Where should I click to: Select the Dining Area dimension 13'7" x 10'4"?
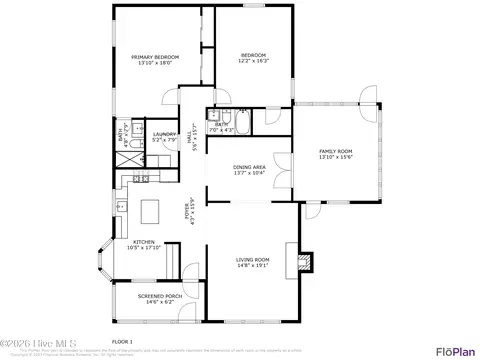249,173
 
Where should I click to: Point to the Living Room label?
253,259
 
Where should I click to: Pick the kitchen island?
151,211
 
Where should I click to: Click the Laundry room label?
164,133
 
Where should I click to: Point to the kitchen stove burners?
140,179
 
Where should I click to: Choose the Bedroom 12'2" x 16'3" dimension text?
252,61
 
